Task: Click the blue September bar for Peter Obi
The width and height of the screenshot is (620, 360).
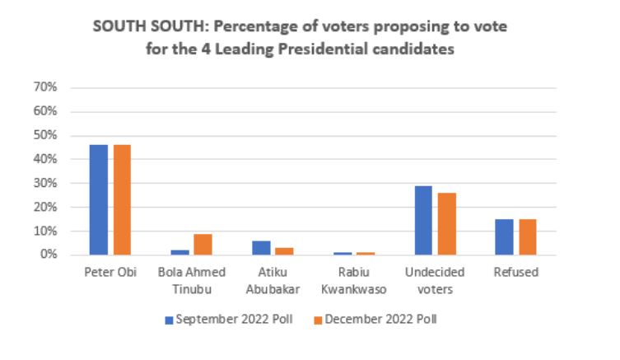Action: tap(99, 199)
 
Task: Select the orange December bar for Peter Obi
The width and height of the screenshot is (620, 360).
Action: tap(122, 199)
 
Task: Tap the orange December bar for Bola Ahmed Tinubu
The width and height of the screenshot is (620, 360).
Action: tap(203, 245)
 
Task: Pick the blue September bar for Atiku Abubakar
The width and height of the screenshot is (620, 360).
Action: tap(260, 247)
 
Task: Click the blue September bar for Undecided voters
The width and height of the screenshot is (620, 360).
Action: tap(423, 220)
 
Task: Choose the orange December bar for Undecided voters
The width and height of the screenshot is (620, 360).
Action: tap(447, 224)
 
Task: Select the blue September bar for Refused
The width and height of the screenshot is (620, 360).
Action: tap(505, 236)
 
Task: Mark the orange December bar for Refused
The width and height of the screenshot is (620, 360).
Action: tap(528, 236)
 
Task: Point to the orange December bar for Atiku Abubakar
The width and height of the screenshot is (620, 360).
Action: tap(284, 251)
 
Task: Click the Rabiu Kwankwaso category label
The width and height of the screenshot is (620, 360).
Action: tap(353, 278)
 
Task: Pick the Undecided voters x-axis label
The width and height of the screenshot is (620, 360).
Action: tap(435, 278)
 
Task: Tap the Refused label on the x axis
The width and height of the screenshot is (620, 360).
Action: tap(516, 272)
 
